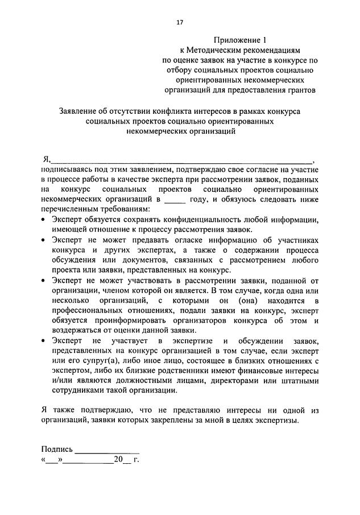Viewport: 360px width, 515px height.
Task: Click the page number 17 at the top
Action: pyautogui.click(x=180, y=22)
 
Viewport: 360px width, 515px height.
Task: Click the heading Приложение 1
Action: pyautogui.click(x=239, y=40)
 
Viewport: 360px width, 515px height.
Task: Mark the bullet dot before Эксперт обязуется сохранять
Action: pyautogui.click(x=44, y=220)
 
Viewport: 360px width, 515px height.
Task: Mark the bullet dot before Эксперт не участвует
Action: pyautogui.click(x=44, y=340)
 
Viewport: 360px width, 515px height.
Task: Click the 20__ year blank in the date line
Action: pyautogui.click(x=122, y=459)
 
